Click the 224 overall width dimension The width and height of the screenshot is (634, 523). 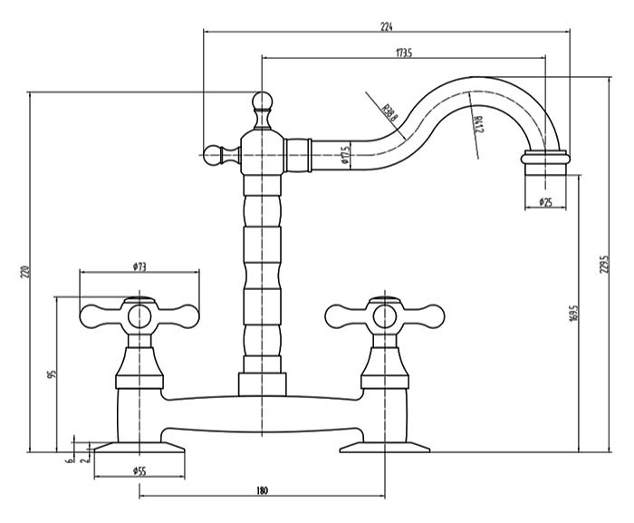[387, 26]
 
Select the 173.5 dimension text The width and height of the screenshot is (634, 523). [404, 53]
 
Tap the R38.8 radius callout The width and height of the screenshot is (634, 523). [390, 114]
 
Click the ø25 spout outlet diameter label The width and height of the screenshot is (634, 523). [545, 201]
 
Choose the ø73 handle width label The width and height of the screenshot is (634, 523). [139, 266]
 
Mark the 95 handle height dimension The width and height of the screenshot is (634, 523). [51, 373]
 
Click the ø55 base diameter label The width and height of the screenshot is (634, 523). [139, 470]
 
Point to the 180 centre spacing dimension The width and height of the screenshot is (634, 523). [262, 490]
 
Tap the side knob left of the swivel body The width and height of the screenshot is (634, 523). [214, 156]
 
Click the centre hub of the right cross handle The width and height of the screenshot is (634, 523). [385, 316]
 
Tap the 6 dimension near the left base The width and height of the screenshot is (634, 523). [68, 460]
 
